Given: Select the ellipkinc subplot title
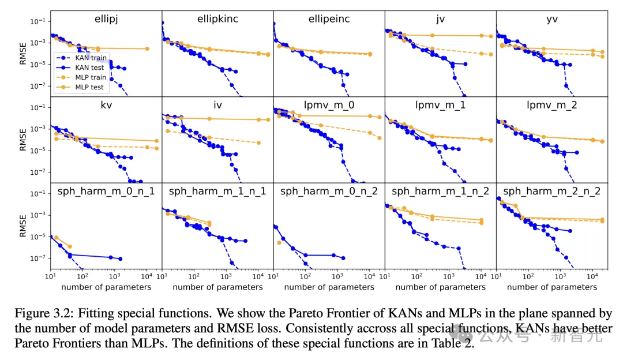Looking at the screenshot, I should coord(217,20).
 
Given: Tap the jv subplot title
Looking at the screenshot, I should coord(441,20).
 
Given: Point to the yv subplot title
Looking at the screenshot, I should coord(552,20).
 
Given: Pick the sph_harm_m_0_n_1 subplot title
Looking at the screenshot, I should coord(106,192).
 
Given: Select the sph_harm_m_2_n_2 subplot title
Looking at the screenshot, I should coord(552,192).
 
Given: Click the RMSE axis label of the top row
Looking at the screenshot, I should coord(24,54).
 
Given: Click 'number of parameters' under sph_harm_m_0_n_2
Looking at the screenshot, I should coord(329,287).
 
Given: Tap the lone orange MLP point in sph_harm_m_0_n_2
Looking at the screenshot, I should coord(279,243).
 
